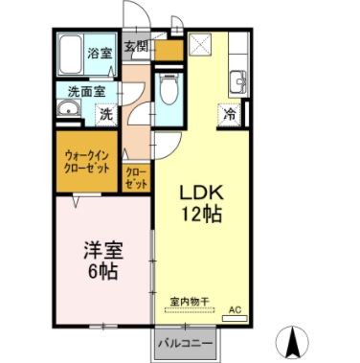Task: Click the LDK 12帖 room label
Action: (x=201, y=203)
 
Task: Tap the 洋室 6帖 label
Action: (x=103, y=261)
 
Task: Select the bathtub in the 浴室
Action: (x=70, y=55)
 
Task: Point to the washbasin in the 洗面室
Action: (x=68, y=108)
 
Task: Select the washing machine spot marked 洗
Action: (x=106, y=114)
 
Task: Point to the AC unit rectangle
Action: (x=235, y=318)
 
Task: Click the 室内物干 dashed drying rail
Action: (x=190, y=309)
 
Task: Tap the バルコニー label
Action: (x=186, y=344)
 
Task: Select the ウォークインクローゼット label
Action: (x=87, y=162)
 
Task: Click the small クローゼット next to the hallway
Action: (x=136, y=178)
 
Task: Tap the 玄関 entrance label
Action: (x=136, y=47)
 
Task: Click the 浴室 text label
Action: (x=100, y=53)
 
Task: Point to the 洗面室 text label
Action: (x=87, y=92)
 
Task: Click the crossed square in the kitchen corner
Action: (x=201, y=44)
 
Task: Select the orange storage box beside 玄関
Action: (x=169, y=50)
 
